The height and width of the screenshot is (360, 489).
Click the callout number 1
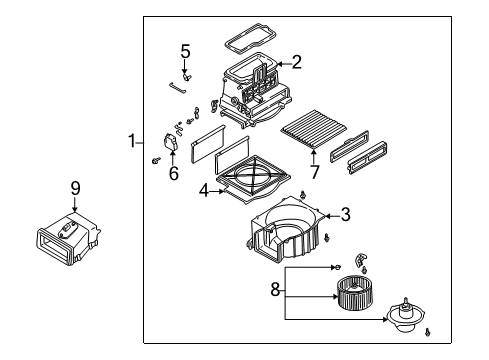(x=132, y=141)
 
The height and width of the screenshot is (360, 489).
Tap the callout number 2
(x=296, y=62)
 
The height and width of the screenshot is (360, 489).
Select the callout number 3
(x=346, y=214)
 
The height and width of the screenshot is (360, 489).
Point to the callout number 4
(x=204, y=191)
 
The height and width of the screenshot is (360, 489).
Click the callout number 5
(x=185, y=52)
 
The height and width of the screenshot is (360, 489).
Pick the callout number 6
(x=173, y=173)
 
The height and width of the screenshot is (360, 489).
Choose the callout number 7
(x=315, y=172)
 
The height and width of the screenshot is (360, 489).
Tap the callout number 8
(x=275, y=289)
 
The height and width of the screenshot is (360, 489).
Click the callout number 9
(x=76, y=188)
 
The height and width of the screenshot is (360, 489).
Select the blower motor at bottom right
(x=404, y=315)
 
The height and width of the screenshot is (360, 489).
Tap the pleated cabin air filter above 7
(x=314, y=129)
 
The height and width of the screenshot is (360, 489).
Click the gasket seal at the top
(x=251, y=38)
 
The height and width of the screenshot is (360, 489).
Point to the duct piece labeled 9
(x=68, y=237)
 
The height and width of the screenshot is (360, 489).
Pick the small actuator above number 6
(x=171, y=143)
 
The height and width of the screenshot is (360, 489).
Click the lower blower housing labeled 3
(x=286, y=230)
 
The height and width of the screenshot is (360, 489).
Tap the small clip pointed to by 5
(x=186, y=77)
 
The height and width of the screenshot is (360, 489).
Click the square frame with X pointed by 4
(x=253, y=179)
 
